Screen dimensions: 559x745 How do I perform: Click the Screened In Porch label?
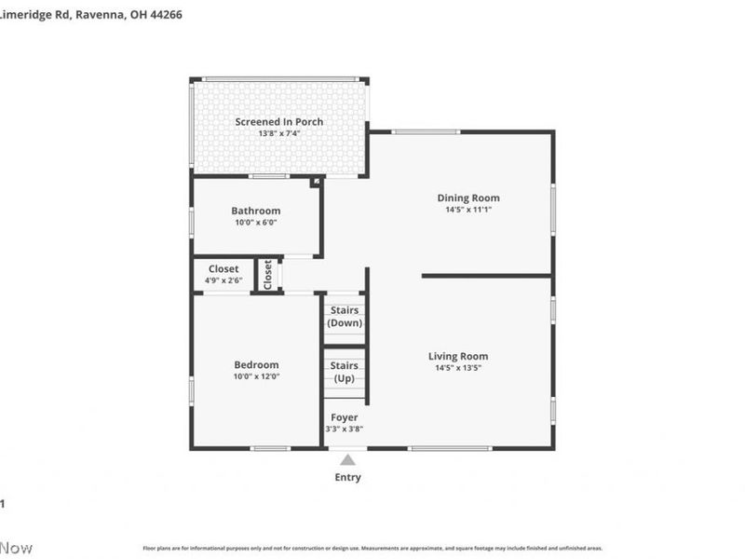278,121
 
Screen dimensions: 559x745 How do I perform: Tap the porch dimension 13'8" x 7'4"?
278,133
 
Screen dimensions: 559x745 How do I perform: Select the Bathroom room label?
256,211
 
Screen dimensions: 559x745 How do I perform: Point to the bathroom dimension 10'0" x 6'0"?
256,223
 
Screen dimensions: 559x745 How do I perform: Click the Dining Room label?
468,198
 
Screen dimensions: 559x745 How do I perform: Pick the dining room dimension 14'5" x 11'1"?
468,210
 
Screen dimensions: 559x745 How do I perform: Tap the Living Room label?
458,356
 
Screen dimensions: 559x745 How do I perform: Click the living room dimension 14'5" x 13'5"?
458,368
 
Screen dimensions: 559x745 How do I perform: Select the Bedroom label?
256,364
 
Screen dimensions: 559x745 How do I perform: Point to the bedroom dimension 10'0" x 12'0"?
256,376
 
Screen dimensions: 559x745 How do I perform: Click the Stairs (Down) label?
345,317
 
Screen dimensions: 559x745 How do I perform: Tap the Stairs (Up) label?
345,373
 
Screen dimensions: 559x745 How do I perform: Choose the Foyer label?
344,417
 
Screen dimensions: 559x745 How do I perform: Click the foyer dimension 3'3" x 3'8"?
344,429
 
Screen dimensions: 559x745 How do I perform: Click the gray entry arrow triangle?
347,459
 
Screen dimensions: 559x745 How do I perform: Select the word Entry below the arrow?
347,478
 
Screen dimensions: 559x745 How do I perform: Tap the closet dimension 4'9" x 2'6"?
223,280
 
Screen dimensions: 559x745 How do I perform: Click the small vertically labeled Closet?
268,275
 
